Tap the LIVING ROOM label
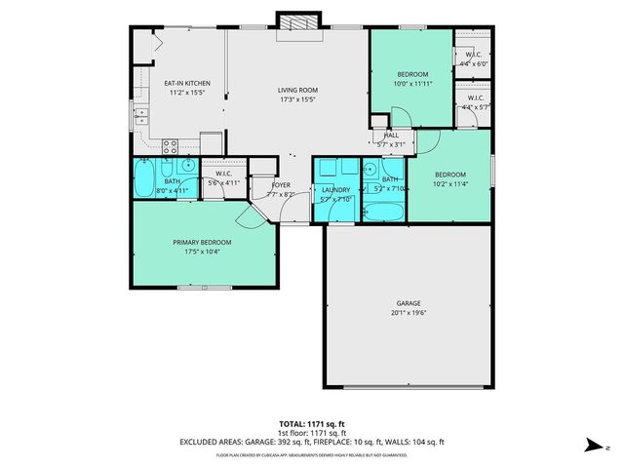click(297, 91)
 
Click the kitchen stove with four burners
click(169, 148)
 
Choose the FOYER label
click(280, 184)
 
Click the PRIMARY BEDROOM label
click(202, 242)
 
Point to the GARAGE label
click(408, 303)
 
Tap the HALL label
click(392, 136)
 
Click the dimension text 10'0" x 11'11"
click(410, 84)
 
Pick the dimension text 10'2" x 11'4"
click(451, 182)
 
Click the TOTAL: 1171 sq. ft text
click(312, 424)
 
